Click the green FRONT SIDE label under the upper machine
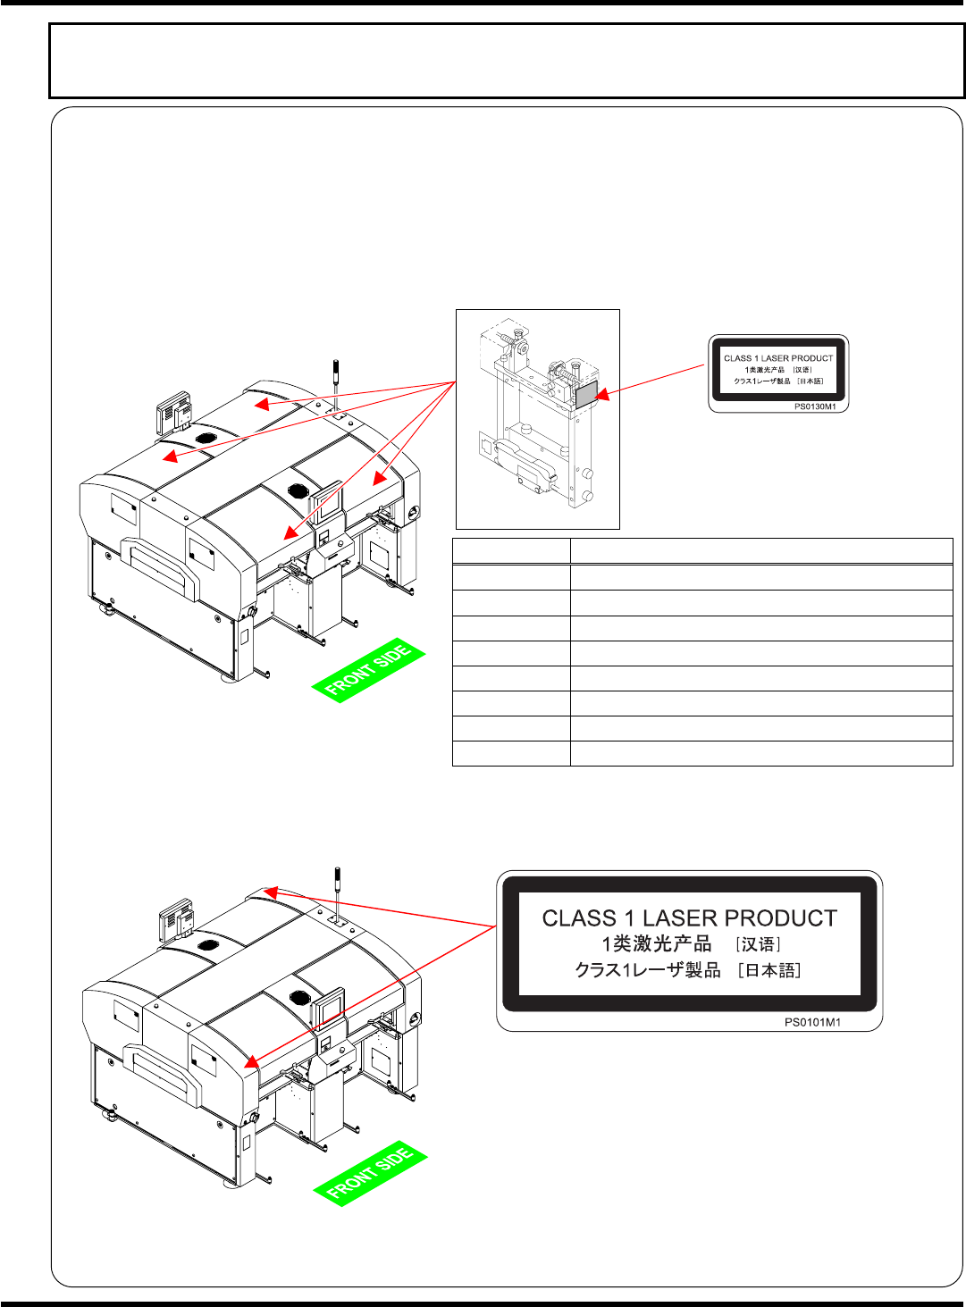pos(368,671)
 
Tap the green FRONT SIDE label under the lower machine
pos(370,1174)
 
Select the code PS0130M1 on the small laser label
pos(815,406)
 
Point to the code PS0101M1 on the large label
pos(812,1022)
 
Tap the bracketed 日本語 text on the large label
pos(769,970)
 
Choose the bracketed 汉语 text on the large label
pos(759,944)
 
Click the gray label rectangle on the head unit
pos(585,394)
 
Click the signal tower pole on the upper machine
pos(337,381)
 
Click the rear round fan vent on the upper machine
pos(205,439)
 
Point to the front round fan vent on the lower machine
pos(298,995)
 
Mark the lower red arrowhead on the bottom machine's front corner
pos(252,1062)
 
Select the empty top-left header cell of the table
pos(511,551)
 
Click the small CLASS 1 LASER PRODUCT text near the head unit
pos(777,358)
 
